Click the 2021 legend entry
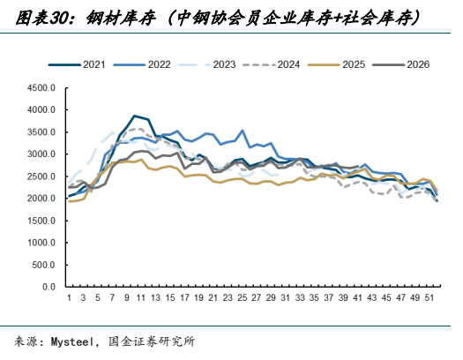77,64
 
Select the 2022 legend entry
142,64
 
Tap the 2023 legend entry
207,64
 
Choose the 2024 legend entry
272,64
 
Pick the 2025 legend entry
336,64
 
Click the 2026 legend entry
401,64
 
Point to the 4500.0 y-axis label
41,87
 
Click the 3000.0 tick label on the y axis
41,154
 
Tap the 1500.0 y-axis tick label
41,221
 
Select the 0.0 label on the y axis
49,287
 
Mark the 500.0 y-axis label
44,265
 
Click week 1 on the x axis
69,297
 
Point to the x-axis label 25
243,297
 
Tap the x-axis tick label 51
429,297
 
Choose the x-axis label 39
343,297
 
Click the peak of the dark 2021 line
134,116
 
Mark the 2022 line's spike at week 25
243,130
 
